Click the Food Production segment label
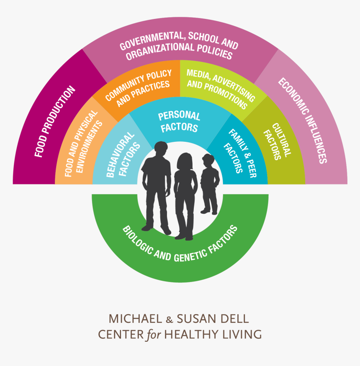click(x=55, y=121)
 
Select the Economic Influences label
click(x=303, y=120)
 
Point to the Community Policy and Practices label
click(x=138, y=88)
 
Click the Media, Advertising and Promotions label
click(x=221, y=89)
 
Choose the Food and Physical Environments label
click(x=83, y=143)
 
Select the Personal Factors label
click(x=179, y=122)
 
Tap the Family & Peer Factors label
click(x=240, y=154)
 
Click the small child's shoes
click(x=209, y=212)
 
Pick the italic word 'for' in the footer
click(x=154, y=335)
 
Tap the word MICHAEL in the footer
click(x=135, y=319)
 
